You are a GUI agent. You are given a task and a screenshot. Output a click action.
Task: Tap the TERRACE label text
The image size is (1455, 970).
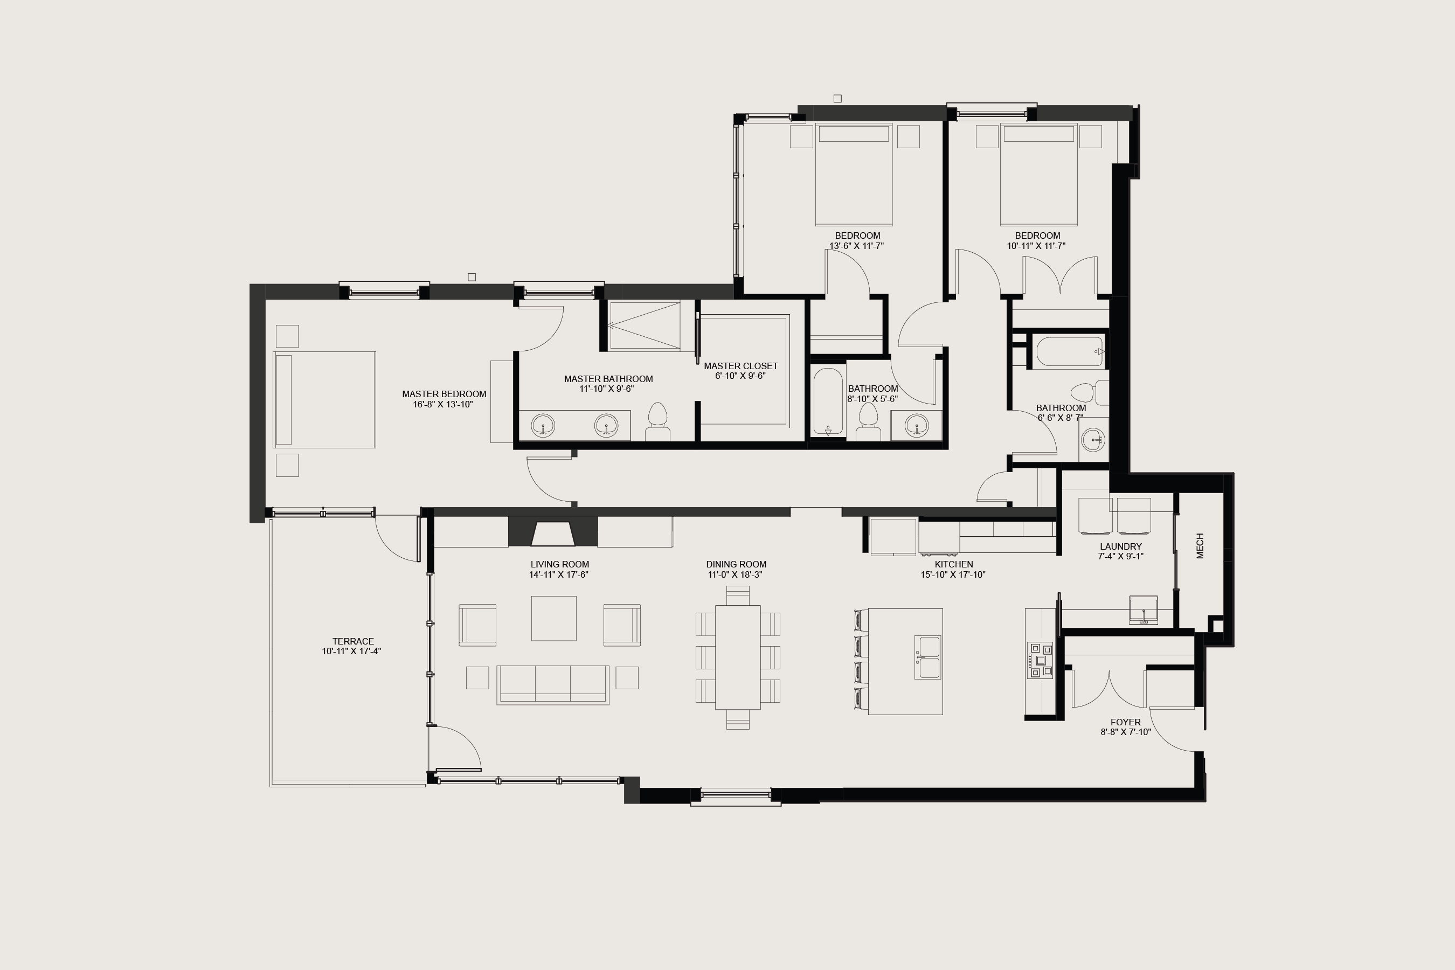click(x=352, y=641)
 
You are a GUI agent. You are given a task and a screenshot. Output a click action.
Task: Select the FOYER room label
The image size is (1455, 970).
click(x=1125, y=722)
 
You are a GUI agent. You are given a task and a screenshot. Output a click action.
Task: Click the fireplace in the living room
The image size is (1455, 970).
click(x=553, y=534)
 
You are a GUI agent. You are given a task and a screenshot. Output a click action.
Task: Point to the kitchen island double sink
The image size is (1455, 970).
click(x=927, y=657)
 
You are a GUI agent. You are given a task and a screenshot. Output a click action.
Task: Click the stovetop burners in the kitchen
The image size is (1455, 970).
click(x=1040, y=661)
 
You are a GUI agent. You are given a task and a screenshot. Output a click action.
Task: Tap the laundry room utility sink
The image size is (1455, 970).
click(x=1143, y=609)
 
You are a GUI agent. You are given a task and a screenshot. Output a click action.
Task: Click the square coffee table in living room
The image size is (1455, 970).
click(x=553, y=618)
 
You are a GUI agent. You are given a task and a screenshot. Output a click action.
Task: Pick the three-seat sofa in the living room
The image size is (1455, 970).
click(x=552, y=684)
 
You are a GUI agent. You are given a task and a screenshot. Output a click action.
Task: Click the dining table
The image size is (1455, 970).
click(x=737, y=657)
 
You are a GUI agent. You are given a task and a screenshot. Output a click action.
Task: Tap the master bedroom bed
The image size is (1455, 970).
click(x=325, y=400)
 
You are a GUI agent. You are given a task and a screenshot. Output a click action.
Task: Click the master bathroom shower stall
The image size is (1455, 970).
click(x=644, y=325)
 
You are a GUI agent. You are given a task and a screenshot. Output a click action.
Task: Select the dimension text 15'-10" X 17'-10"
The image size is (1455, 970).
click(x=953, y=574)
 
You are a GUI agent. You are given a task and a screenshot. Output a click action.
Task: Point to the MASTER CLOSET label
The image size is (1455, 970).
click(x=740, y=366)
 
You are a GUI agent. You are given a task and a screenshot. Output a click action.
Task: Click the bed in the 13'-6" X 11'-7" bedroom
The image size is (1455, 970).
click(x=854, y=175)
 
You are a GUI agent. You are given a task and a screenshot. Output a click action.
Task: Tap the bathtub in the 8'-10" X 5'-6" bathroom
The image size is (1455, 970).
click(x=828, y=402)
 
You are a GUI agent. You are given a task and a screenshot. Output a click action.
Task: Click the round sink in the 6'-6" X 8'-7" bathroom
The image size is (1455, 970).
click(x=1092, y=440)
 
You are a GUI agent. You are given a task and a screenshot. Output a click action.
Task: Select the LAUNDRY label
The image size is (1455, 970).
click(x=1120, y=546)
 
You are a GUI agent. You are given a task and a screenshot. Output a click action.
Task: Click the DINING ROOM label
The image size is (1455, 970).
click(x=736, y=564)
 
